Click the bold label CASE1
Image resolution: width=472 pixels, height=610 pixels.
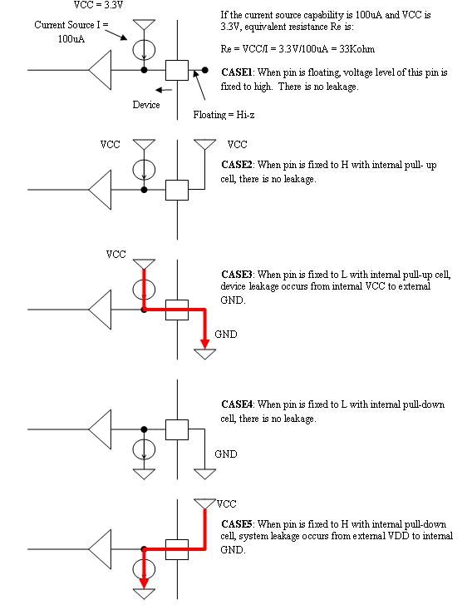point(237,72)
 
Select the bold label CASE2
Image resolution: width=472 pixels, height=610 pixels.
point(237,165)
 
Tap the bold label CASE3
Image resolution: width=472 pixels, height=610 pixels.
point(237,275)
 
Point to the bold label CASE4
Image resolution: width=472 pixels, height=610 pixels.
point(237,404)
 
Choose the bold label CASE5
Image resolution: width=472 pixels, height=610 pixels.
point(237,524)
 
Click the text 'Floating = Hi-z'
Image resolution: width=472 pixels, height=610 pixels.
point(224,115)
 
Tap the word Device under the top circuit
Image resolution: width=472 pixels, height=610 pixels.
point(146,105)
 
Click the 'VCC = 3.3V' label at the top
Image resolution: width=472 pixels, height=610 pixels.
point(98,5)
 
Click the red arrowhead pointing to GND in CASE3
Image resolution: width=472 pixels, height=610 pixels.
point(204,344)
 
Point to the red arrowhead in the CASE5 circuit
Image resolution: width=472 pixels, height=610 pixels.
point(144,583)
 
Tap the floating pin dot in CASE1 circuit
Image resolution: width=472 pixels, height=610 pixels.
point(204,71)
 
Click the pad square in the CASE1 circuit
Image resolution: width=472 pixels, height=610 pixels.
point(177,71)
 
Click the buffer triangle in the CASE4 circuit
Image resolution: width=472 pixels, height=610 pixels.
point(101,429)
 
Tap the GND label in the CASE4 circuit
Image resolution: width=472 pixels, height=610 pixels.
point(226,454)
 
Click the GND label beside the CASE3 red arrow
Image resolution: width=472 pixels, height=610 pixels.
point(226,335)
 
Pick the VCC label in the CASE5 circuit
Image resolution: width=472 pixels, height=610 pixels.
point(227,503)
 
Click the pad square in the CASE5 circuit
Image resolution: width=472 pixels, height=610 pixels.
point(177,549)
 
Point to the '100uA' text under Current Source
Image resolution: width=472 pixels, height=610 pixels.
point(71,39)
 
